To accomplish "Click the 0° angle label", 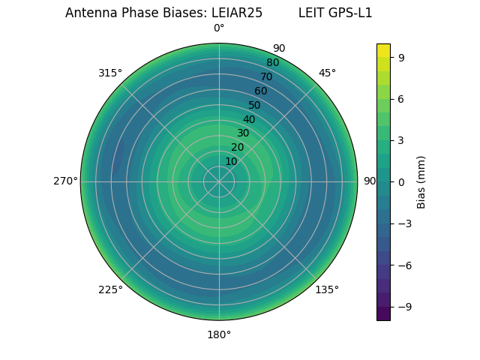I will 219,28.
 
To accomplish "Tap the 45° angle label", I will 327,73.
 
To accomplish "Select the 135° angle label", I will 327,289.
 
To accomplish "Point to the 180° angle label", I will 219,334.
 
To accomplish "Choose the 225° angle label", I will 110,289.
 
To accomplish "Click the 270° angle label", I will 65,181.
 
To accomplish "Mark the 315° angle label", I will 110,73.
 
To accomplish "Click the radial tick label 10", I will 232,161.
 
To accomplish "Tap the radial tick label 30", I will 243,133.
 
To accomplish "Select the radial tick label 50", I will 254,105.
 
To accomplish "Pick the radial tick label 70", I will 266,76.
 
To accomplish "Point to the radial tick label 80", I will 272,63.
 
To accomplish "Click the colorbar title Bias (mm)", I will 421,181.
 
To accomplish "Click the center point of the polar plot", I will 219,181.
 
